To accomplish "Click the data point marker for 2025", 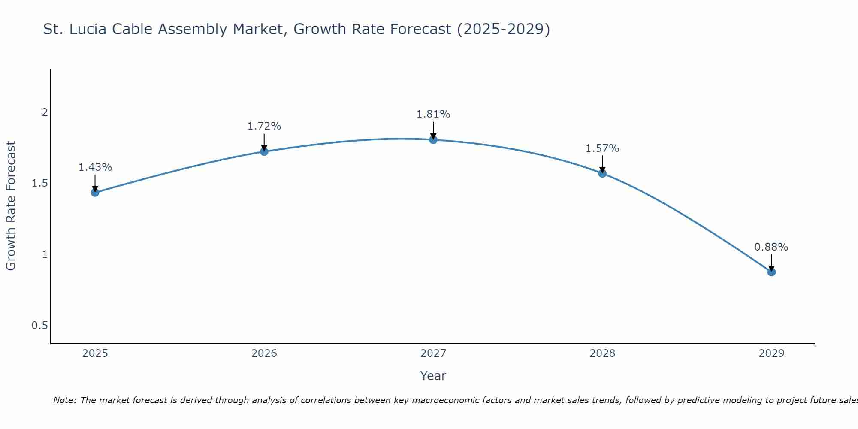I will pos(95,193).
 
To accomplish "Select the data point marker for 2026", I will pos(264,151).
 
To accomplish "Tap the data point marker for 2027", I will pos(433,139).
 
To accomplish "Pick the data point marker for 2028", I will pos(602,173).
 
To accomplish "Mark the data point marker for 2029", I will pos(771,272).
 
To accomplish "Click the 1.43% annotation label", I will pos(95,167).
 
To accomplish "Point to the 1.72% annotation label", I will pos(264,126).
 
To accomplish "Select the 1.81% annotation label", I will pos(433,114).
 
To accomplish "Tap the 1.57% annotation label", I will pos(602,148).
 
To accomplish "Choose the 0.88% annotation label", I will pos(771,247).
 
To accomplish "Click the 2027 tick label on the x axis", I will pos(433,353).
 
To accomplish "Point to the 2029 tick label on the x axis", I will pos(771,353).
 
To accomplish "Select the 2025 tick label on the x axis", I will pos(95,353).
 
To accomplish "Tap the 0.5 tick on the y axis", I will pos(39,326).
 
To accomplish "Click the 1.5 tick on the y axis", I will pos(39,184).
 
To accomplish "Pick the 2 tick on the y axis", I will pos(44,112).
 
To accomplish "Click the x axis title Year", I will pos(433,376).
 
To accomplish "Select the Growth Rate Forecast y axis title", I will pos(11,206).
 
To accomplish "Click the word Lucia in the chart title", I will pos(88,29).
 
